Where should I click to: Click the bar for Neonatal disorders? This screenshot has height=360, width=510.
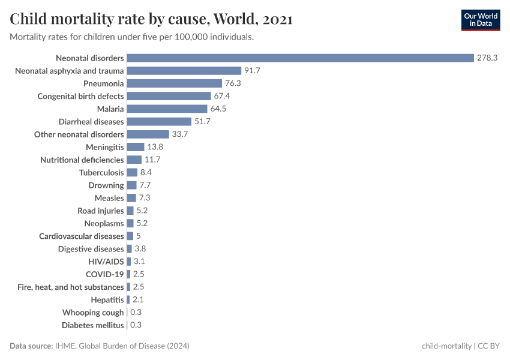pyautogui.click(x=300, y=58)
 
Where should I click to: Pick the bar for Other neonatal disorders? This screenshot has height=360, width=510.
pyautogui.click(x=148, y=134)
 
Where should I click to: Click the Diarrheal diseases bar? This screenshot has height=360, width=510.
pyautogui.click(x=159, y=122)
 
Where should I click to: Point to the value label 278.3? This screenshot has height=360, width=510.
pyautogui.click(x=488, y=58)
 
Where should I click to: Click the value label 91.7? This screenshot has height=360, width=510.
pyautogui.click(x=253, y=71)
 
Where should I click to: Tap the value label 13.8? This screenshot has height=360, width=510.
pyautogui.click(x=155, y=147)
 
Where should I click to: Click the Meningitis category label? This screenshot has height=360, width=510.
pyautogui.click(x=105, y=147)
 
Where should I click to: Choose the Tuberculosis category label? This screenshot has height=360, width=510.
pyautogui.click(x=101, y=173)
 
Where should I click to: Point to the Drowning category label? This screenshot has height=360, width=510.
pyautogui.click(x=106, y=185)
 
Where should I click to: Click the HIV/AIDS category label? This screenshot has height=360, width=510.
pyautogui.click(x=106, y=262)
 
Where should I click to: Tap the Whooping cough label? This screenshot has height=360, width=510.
pyautogui.click(x=93, y=313)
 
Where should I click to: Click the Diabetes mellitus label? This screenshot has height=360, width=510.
pyautogui.click(x=93, y=325)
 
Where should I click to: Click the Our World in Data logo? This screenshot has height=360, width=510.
pyautogui.click(x=481, y=20)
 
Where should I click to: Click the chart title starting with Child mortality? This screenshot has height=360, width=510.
pyautogui.click(x=151, y=19)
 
